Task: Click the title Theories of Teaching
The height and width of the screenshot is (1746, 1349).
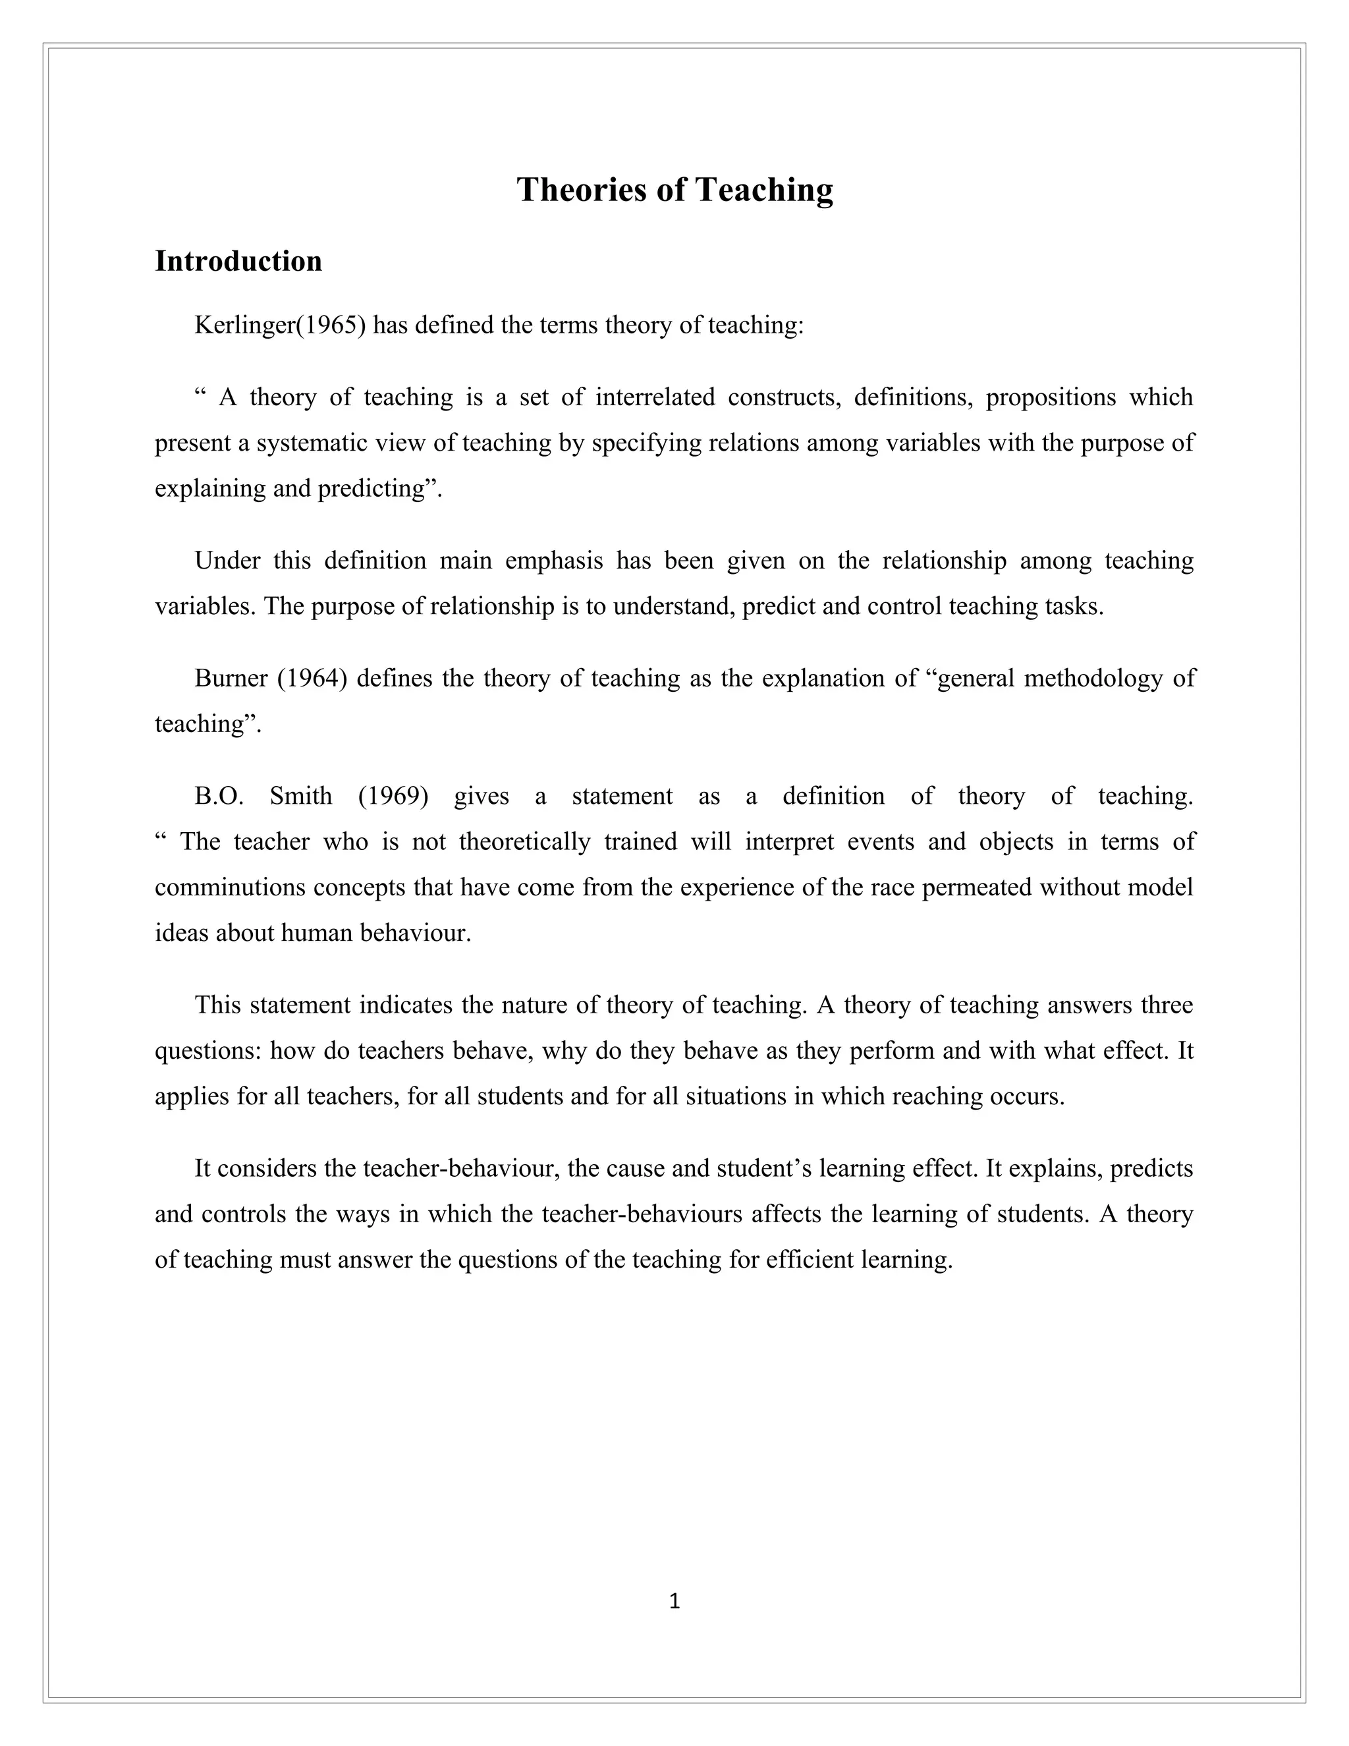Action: pos(674,190)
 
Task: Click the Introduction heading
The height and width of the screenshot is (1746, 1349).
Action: pos(238,262)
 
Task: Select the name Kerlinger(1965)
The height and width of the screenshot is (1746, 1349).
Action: pos(280,325)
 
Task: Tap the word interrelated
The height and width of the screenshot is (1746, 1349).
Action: pos(655,397)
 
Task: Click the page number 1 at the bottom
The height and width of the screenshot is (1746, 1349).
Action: pos(674,1601)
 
